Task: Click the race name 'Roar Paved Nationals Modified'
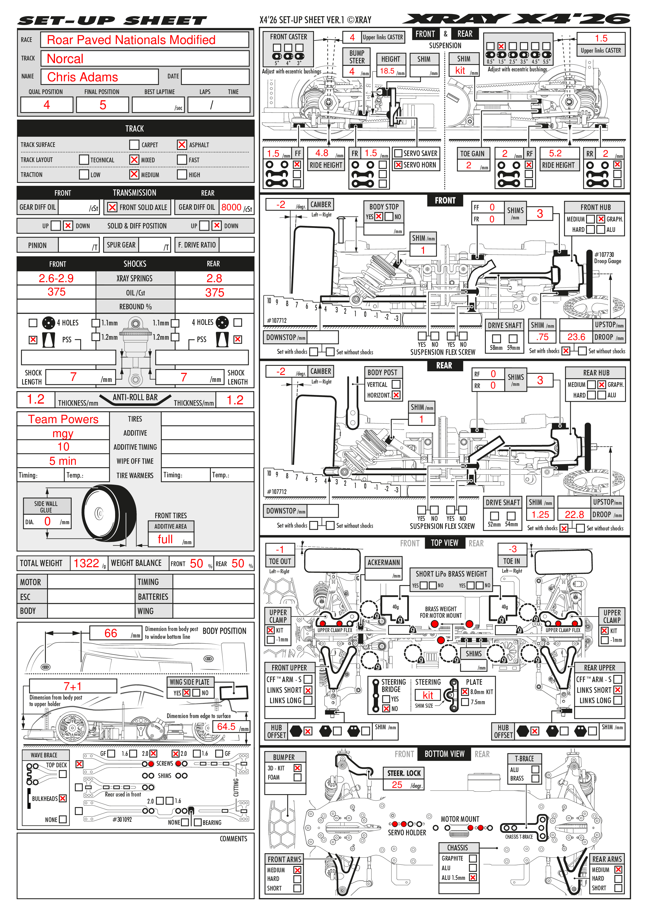131,40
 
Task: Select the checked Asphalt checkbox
182,145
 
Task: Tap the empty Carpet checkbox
134,145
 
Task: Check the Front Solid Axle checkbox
112,207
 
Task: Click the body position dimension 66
111,633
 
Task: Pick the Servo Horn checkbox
398,165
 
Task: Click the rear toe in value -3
513,549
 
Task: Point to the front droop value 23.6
576,337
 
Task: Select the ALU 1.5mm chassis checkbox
473,877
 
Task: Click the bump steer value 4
352,71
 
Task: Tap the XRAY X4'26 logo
516,19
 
